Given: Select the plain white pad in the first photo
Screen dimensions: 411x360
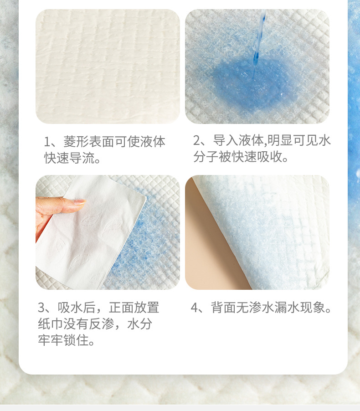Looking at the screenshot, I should (x=108, y=67).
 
